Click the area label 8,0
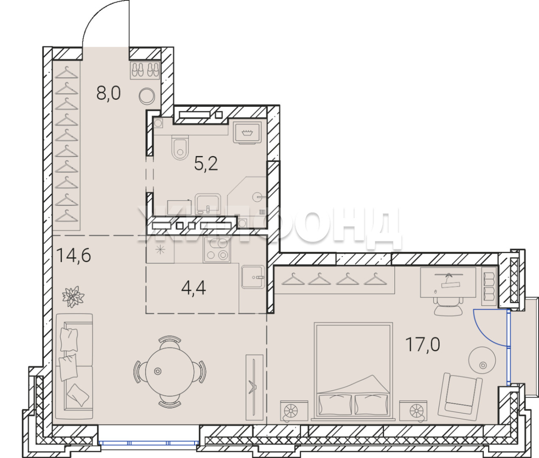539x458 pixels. pyautogui.click(x=108, y=93)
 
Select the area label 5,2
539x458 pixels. pyautogui.click(x=206, y=164)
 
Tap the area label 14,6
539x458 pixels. pyautogui.click(x=73, y=255)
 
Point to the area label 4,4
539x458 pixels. pyautogui.click(x=194, y=288)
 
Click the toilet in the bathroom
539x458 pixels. pyautogui.click(x=180, y=147)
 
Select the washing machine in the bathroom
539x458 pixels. pyautogui.click(x=247, y=133)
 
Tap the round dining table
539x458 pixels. pyautogui.click(x=170, y=371)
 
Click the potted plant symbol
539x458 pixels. pyautogui.click(x=73, y=296)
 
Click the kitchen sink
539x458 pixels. pyautogui.click(x=253, y=277)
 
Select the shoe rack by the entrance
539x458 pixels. pyautogui.click(x=145, y=70)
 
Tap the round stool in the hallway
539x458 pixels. pyautogui.click(x=147, y=97)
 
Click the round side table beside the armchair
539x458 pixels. pyautogui.click(x=482, y=360)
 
